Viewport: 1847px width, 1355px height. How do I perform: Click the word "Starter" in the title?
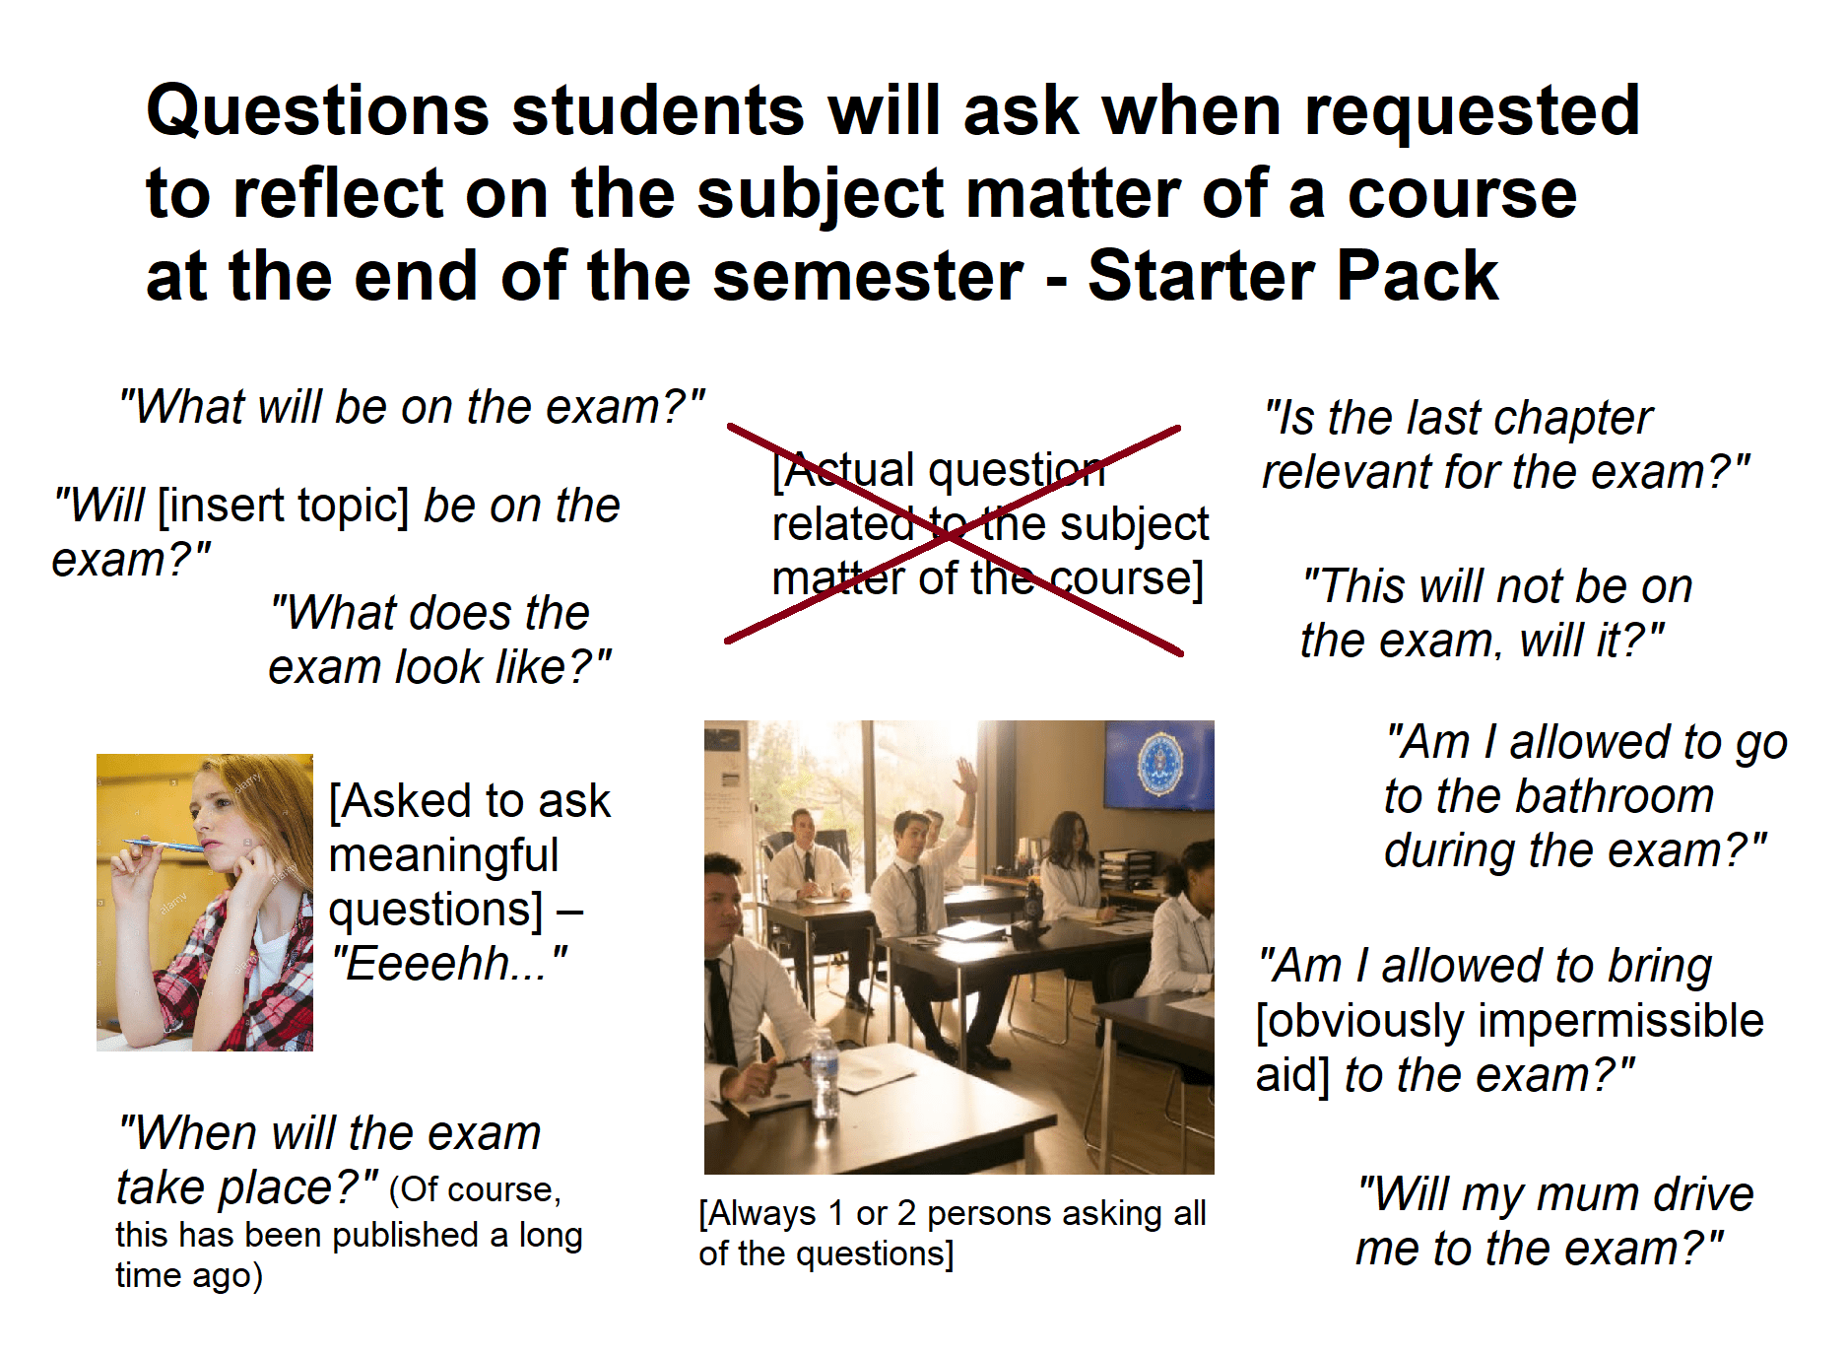(x=1200, y=276)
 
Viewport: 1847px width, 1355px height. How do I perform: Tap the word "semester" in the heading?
(x=868, y=276)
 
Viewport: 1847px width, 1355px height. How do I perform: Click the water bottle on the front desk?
(x=824, y=1073)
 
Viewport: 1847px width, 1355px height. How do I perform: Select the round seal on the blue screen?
(x=1160, y=764)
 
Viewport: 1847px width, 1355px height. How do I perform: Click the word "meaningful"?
(x=443, y=854)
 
